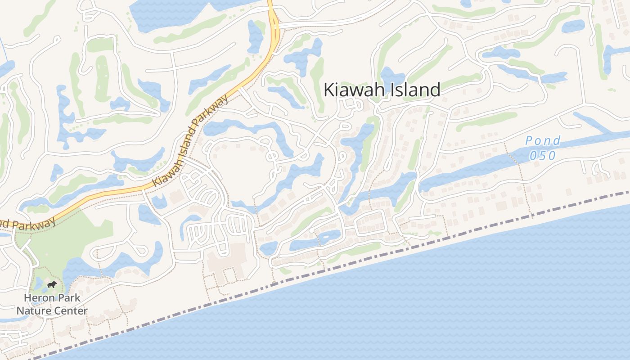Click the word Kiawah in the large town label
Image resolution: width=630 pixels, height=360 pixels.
coord(353,90)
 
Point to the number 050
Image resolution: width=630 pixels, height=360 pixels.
coord(543,156)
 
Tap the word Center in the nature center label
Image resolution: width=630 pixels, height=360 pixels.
coord(71,310)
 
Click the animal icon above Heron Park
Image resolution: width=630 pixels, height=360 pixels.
coord(52,285)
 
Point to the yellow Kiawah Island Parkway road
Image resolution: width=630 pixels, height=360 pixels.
coord(112,193)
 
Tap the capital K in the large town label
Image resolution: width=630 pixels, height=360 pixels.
coord(329,90)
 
